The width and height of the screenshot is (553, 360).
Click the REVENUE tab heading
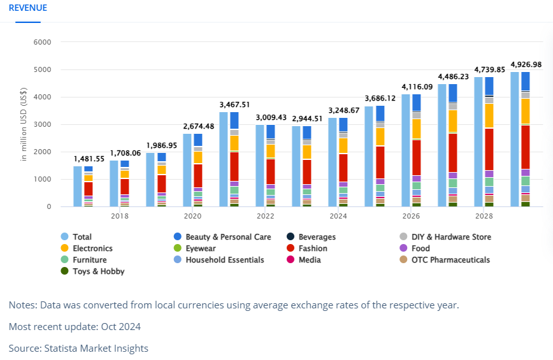(27, 8)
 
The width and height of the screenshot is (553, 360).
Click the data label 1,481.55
(89, 159)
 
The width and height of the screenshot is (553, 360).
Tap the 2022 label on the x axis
(264, 217)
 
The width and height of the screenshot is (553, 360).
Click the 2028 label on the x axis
(484, 217)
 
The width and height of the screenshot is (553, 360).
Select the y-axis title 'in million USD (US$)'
(24, 125)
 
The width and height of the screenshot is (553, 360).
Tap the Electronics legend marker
(64, 248)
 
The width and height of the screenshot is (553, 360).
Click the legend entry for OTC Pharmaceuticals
(450, 260)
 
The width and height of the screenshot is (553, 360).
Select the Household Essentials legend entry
(225, 260)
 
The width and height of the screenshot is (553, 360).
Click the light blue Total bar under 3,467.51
(224, 159)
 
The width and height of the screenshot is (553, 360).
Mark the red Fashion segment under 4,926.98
(526, 147)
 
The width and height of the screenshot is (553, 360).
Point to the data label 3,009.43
(271, 117)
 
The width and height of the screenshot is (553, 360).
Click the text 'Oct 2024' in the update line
(120, 327)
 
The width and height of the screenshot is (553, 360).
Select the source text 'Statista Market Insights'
(96, 348)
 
